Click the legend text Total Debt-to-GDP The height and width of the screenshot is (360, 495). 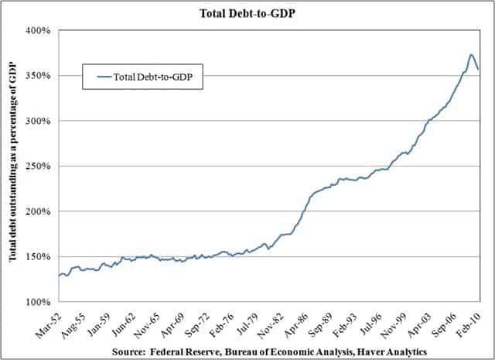158,76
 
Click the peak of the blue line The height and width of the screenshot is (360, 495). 471,54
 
